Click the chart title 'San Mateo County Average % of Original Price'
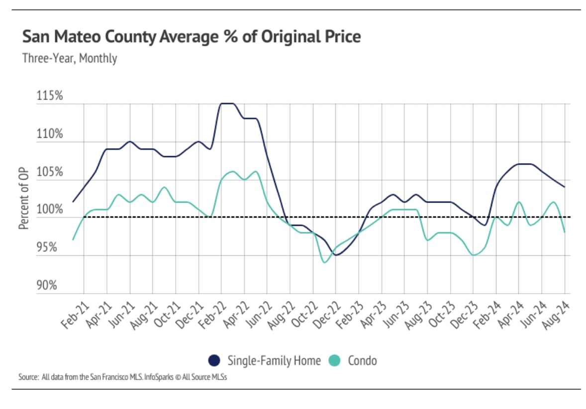pyautogui.click(x=192, y=37)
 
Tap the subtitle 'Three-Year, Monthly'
pyautogui.click(x=70, y=58)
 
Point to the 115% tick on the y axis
pyautogui.click(x=50, y=96)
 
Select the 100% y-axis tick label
pyautogui.click(x=50, y=209)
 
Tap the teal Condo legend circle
pyautogui.click(x=335, y=360)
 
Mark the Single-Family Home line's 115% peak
pyautogui.click(x=227, y=103)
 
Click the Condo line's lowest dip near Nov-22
pyautogui.click(x=325, y=262)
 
